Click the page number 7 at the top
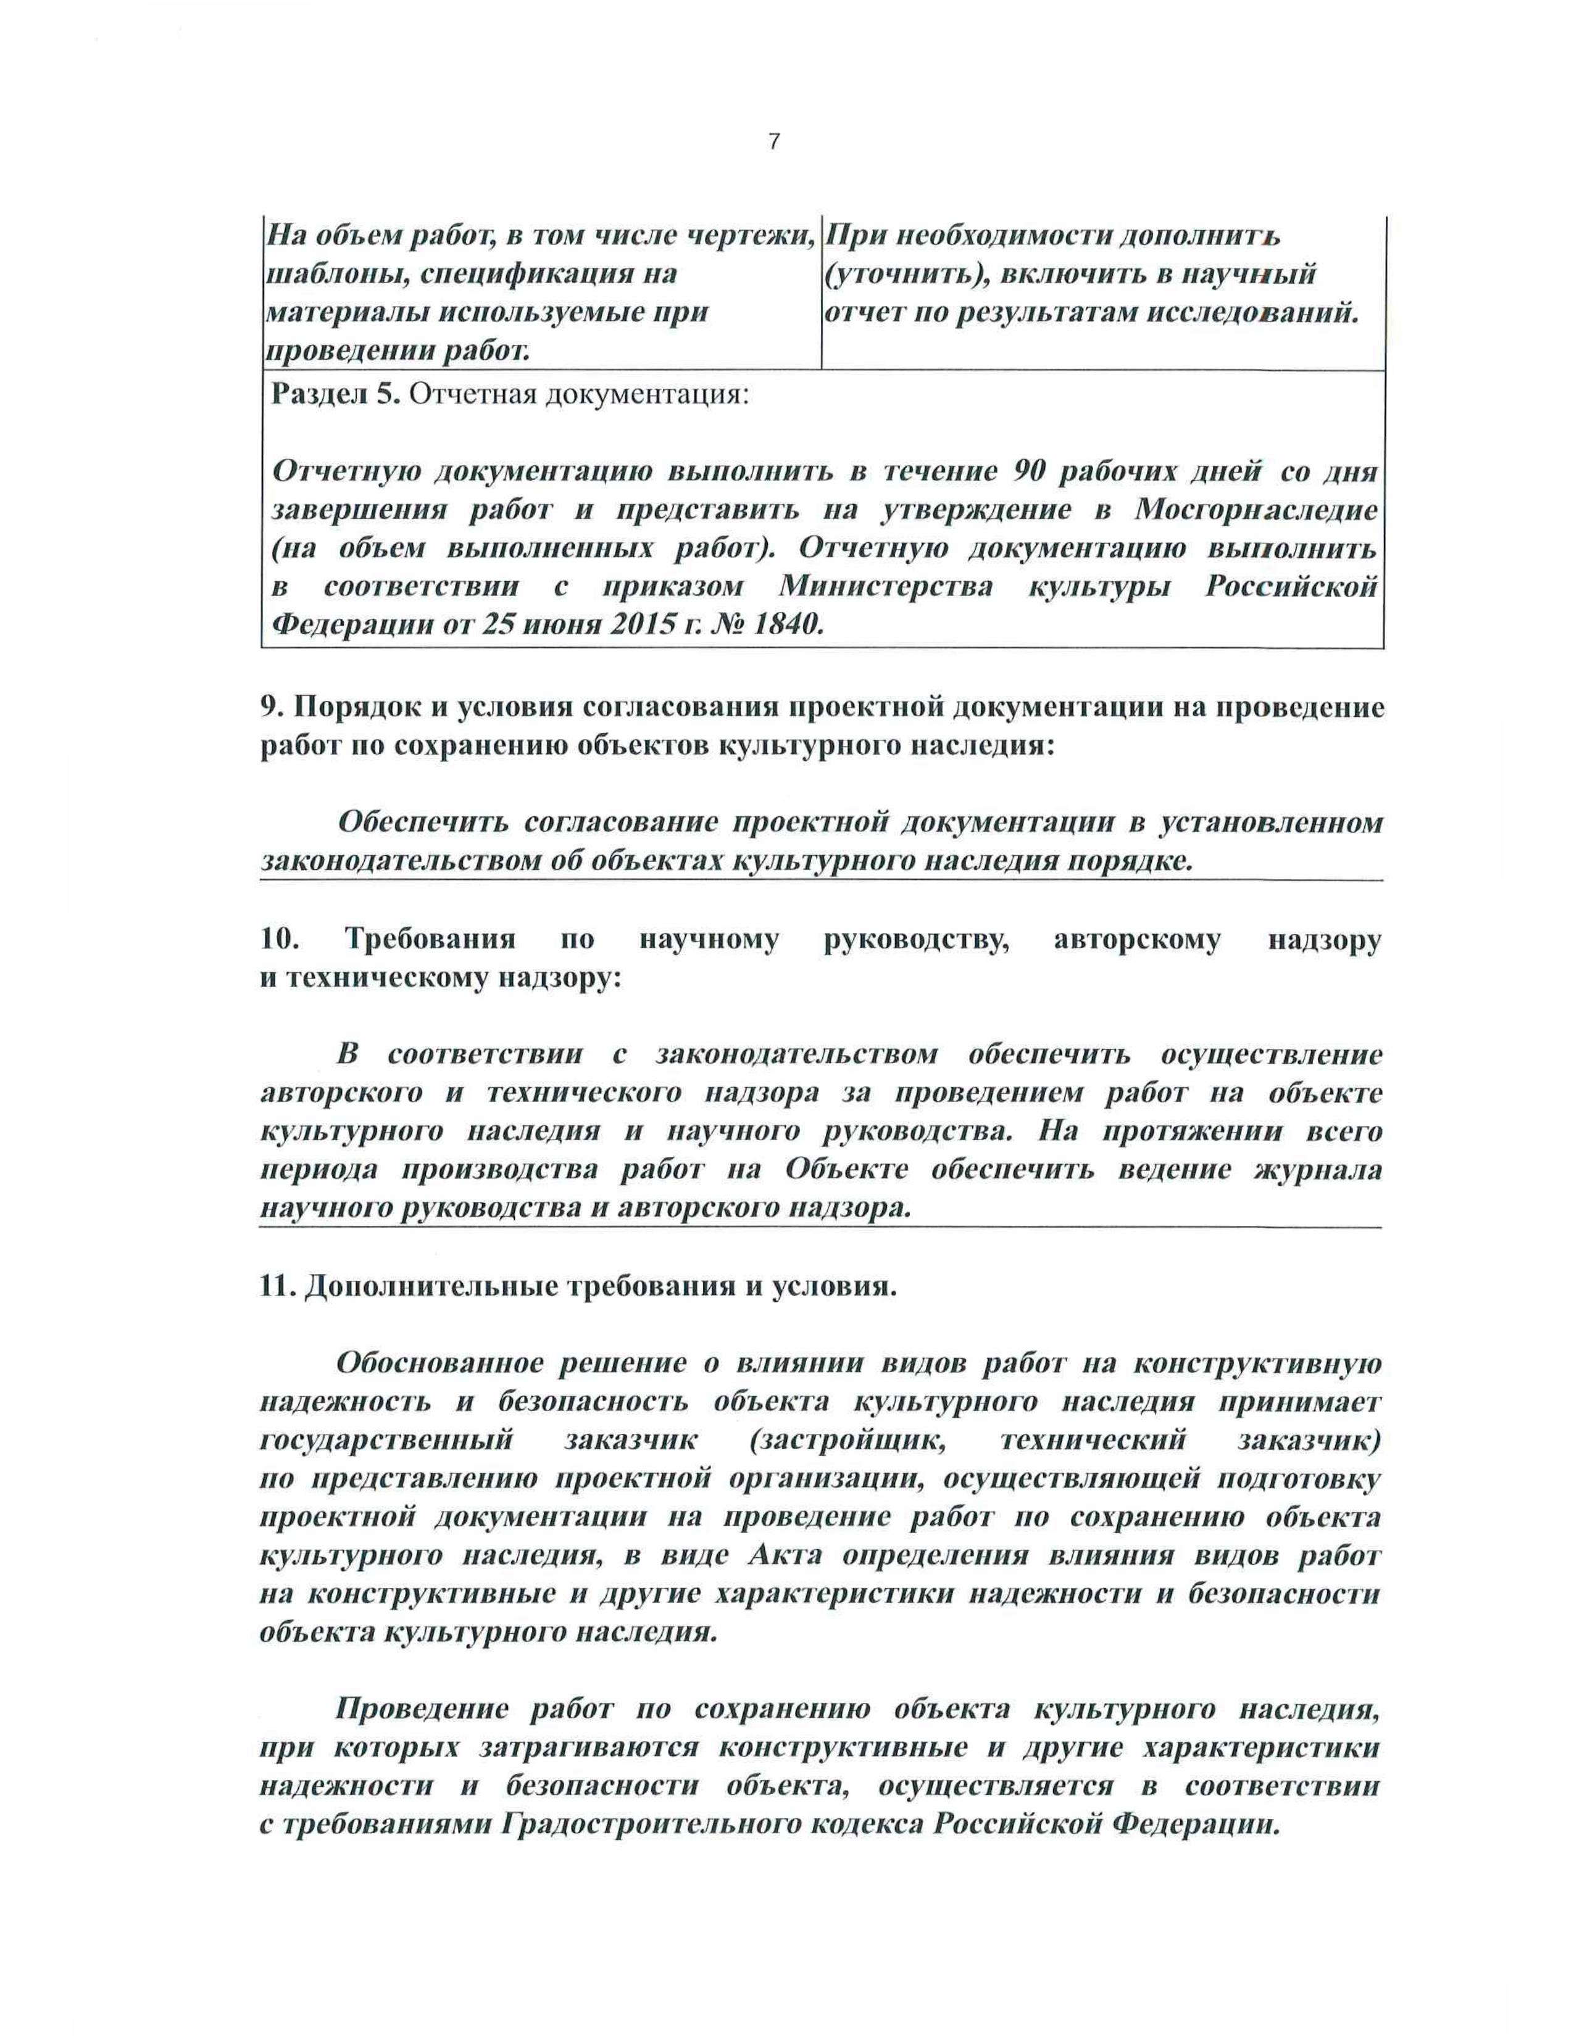click(x=773, y=143)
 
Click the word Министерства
click(x=886, y=587)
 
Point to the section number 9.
click(x=270, y=708)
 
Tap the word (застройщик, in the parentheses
click(x=847, y=1440)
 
